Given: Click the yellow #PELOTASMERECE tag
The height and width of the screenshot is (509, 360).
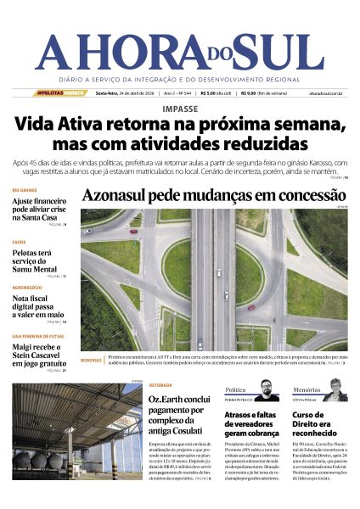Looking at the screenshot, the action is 60,93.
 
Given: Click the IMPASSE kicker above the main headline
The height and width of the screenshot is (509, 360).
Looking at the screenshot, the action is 179,109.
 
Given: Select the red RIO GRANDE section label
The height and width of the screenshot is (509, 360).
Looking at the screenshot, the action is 25,190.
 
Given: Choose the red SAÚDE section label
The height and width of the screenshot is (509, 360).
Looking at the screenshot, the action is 19,242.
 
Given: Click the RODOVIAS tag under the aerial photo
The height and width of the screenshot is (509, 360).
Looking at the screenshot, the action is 91,360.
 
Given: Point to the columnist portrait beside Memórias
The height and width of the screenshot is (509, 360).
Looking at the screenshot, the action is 335,389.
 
